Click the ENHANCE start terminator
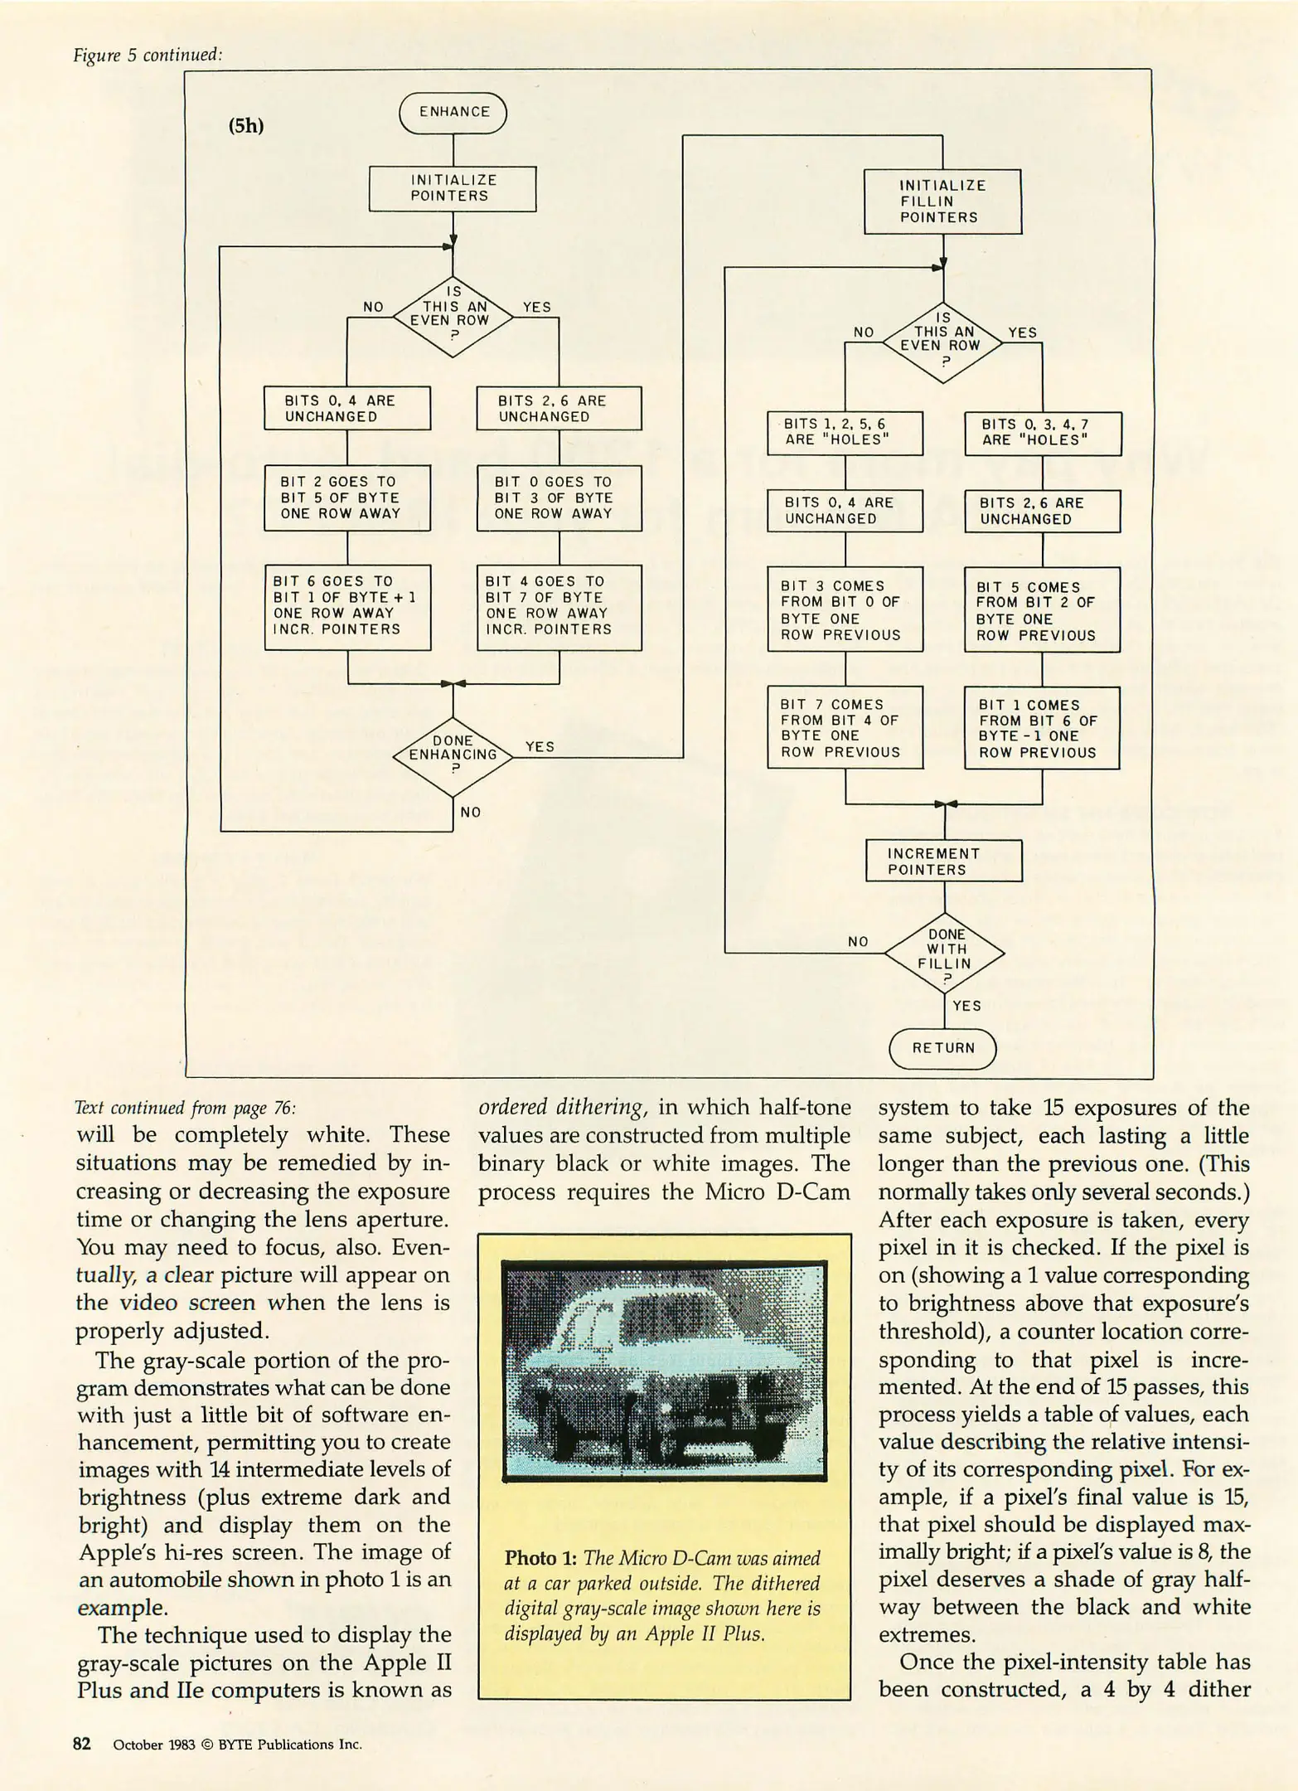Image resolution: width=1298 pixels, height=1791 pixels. point(453,113)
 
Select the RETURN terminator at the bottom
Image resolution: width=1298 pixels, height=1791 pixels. point(942,1048)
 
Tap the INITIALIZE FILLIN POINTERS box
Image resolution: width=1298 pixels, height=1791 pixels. point(942,201)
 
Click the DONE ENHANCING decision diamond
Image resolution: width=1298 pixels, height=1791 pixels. point(453,755)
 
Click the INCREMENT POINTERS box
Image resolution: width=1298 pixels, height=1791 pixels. point(943,862)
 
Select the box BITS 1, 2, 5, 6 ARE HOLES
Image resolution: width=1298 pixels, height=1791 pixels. point(845,433)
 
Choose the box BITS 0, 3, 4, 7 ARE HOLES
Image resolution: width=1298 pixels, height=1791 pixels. point(1042,433)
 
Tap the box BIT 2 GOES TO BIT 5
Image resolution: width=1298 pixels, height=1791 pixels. point(347,498)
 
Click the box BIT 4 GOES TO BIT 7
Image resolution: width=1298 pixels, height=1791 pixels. point(559,606)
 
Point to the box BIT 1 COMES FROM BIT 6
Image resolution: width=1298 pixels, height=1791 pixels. point(1042,728)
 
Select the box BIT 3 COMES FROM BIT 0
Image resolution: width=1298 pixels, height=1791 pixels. point(845,609)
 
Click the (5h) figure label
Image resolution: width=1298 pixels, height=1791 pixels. point(245,127)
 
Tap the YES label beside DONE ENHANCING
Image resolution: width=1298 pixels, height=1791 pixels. point(540,746)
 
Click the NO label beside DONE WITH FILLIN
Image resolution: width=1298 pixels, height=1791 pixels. point(858,941)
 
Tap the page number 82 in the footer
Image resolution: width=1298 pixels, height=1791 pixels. point(82,1744)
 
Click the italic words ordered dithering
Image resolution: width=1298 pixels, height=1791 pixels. point(561,1108)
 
